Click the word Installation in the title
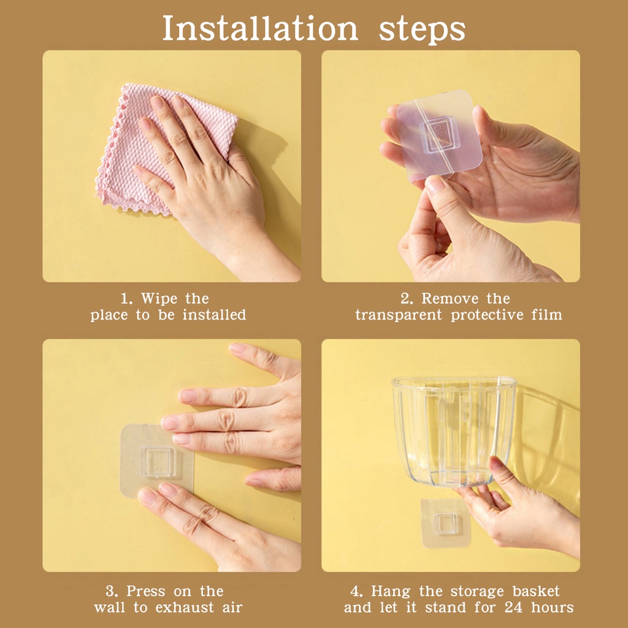click(x=259, y=28)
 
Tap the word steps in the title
click(x=422, y=29)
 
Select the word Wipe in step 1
click(x=159, y=299)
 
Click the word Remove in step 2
click(x=450, y=299)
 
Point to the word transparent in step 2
click(x=399, y=315)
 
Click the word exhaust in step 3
click(x=185, y=607)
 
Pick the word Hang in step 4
click(x=391, y=592)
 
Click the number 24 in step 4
click(x=513, y=607)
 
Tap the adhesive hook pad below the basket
click(x=445, y=523)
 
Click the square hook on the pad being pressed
click(x=158, y=462)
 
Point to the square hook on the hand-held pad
click(x=437, y=134)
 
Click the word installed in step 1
click(x=214, y=315)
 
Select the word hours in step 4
click(x=553, y=607)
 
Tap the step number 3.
click(x=112, y=591)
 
